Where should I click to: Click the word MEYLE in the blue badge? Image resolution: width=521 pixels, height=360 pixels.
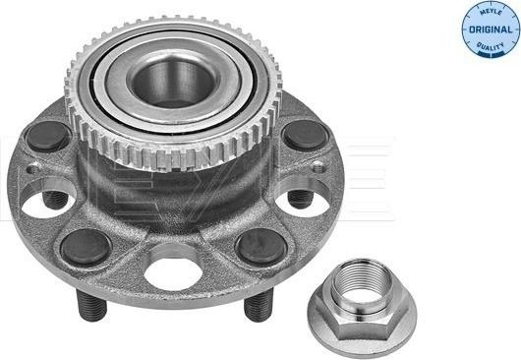coord(490,12)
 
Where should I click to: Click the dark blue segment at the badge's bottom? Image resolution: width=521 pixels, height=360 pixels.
coord(490,50)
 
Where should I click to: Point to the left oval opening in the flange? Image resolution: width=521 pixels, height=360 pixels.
coord(44,202)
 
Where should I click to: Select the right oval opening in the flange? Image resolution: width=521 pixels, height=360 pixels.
coord(305,202)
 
